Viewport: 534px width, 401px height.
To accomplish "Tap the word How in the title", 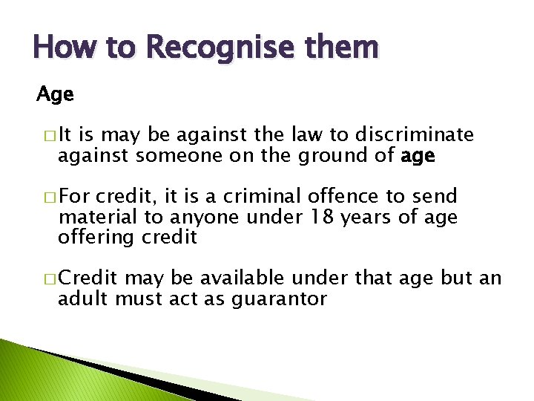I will pos(57,48).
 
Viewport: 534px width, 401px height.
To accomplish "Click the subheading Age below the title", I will pos(56,95).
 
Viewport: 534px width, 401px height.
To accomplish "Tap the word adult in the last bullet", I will pos(79,299).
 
